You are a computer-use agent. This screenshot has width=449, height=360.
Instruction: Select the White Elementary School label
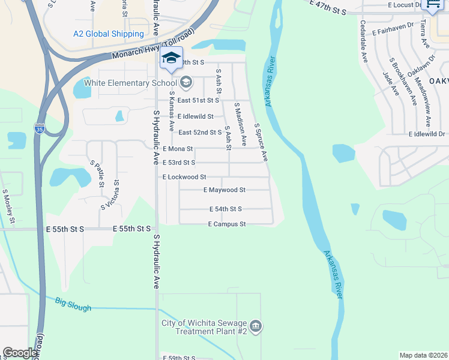tap(131, 82)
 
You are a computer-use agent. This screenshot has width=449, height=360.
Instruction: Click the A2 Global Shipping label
tap(109, 34)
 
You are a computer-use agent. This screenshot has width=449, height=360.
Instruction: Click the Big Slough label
tap(73, 304)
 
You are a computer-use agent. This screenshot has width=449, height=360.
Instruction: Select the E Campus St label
tap(227, 224)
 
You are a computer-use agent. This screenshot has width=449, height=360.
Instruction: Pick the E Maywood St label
tap(224, 190)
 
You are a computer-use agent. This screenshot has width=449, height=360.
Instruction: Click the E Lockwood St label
tap(184, 177)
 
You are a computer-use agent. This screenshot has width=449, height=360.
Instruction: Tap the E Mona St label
tap(178, 148)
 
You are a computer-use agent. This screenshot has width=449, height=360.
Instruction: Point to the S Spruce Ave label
tap(261, 142)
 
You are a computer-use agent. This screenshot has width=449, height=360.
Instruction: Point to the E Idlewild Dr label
tap(427, 134)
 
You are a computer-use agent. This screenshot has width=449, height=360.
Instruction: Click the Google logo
tap(20, 352)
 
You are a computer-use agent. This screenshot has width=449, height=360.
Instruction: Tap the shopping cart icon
tap(432, 5)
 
